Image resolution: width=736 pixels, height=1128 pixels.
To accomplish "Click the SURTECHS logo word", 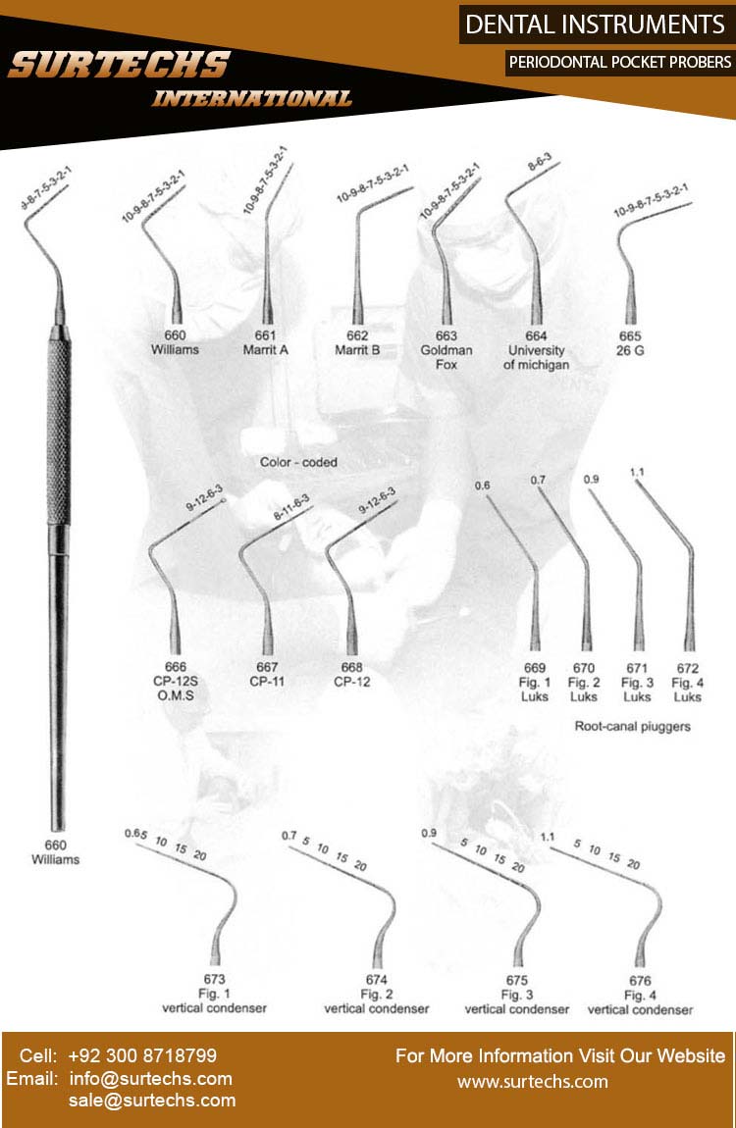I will pyautogui.click(x=119, y=66).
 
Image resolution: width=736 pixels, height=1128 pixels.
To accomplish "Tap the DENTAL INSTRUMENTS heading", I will pyautogui.click(x=595, y=24).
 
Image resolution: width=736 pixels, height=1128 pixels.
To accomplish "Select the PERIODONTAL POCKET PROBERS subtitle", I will pyautogui.click(x=619, y=62).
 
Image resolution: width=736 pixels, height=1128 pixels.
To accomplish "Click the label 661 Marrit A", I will pyautogui.click(x=265, y=342).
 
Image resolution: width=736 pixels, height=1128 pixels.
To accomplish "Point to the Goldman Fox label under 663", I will pyautogui.click(x=447, y=357).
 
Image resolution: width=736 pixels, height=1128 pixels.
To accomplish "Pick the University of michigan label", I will pyautogui.click(x=536, y=357).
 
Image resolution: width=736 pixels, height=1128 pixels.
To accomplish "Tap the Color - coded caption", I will pyautogui.click(x=298, y=461).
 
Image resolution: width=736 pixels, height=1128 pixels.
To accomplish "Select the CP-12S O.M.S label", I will pyautogui.click(x=176, y=682).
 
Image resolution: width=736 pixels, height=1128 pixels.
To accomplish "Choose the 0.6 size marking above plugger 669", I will pyautogui.click(x=482, y=486).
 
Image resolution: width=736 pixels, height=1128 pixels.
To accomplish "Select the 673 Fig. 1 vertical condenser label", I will pyautogui.click(x=214, y=994).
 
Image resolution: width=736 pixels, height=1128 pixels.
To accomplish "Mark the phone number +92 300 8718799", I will pyautogui.click(x=142, y=1056).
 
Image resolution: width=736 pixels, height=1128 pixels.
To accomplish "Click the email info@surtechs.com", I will pyautogui.click(x=150, y=1079).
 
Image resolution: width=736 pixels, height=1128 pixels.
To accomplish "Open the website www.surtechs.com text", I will pyautogui.click(x=533, y=1082).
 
